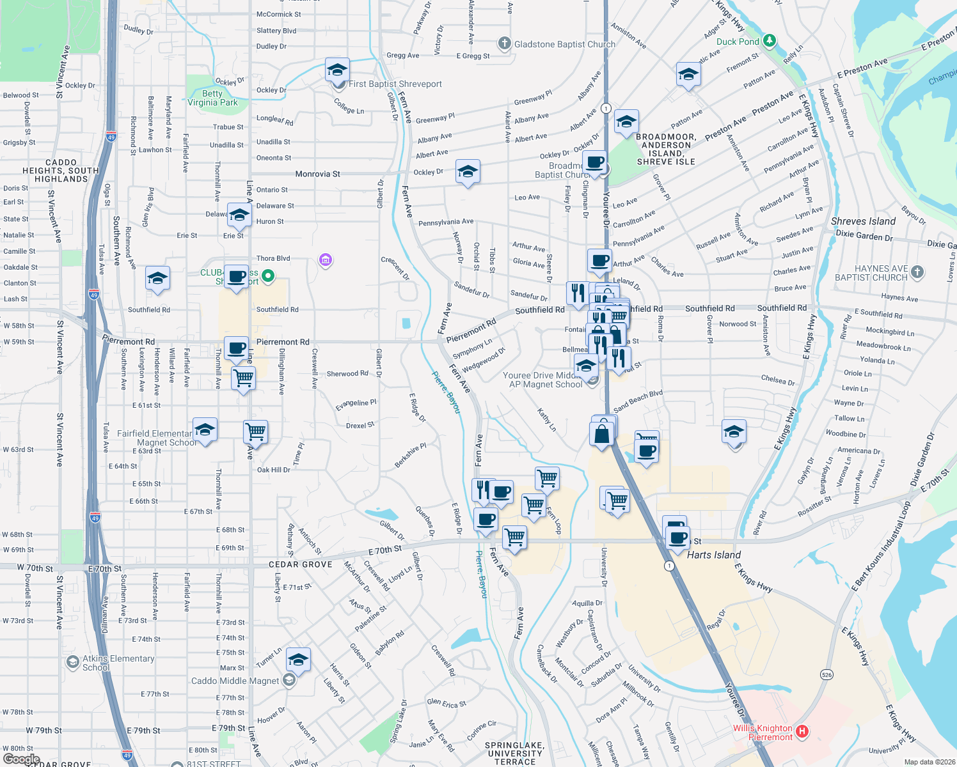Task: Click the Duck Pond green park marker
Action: [770, 42]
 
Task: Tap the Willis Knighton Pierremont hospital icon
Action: [802, 731]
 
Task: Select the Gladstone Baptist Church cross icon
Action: [505, 43]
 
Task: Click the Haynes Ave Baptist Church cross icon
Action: [917, 272]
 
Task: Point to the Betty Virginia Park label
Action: [212, 98]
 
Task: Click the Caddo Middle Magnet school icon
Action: [289, 681]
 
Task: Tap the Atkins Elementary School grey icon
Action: [73, 662]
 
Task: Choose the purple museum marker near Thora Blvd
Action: [326, 260]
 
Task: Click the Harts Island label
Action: [713, 555]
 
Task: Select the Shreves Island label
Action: [863, 221]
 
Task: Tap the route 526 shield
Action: [826, 675]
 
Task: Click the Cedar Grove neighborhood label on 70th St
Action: [300, 564]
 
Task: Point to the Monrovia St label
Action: [317, 174]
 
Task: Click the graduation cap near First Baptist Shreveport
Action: [337, 70]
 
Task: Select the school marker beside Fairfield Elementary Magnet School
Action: [205, 430]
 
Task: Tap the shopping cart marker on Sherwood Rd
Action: [244, 378]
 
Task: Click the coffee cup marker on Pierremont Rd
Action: [236, 348]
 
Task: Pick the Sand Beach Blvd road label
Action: [637, 401]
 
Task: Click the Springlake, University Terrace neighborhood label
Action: [515, 753]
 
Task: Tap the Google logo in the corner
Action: [21, 759]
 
